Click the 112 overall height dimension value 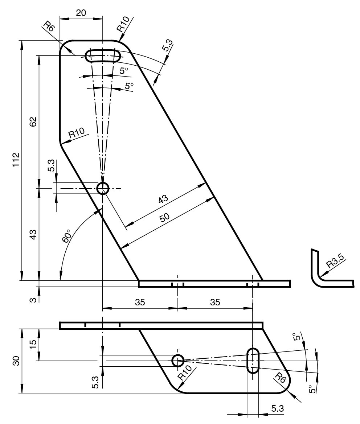pos(15,160)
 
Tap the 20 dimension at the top pos(81,13)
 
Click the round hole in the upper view pos(103,188)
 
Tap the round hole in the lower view pos(178,361)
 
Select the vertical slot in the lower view pos(253,361)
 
